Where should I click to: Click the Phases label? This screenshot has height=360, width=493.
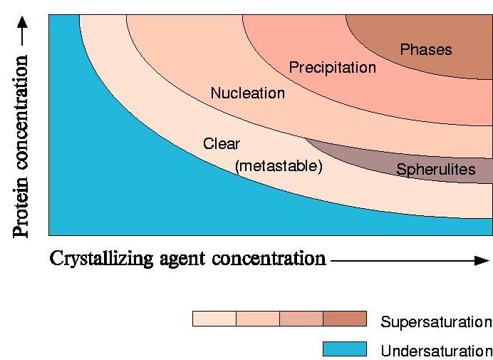tap(426, 50)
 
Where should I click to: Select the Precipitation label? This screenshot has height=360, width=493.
tap(332, 68)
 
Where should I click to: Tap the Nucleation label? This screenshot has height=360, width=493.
tap(247, 93)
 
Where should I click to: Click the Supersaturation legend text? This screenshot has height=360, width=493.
tap(436, 322)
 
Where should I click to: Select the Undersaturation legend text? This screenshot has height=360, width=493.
tap(436, 351)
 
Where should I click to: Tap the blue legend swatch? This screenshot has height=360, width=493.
tap(345, 349)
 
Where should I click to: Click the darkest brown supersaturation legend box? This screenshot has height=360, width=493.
tap(345, 319)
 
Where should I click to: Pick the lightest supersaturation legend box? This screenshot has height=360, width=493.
tap(214, 319)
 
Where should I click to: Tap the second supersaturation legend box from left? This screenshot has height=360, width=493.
tap(258, 319)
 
